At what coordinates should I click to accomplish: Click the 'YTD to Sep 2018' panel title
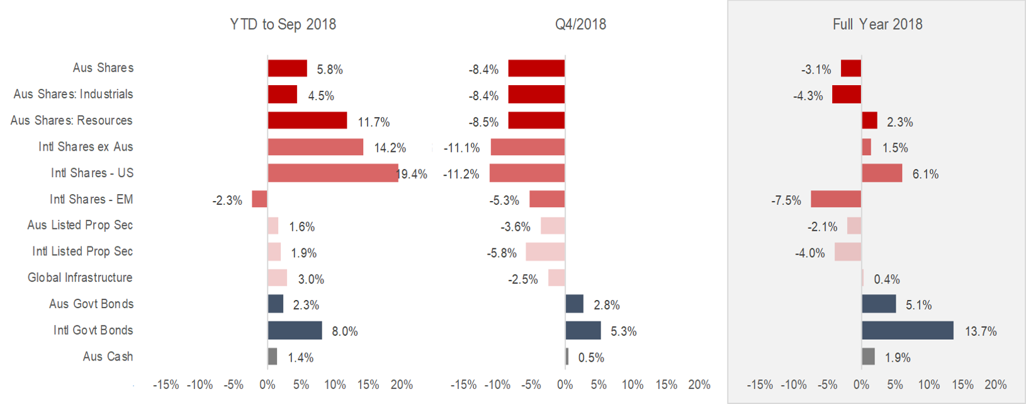[x=283, y=25]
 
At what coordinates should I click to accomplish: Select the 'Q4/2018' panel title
[x=580, y=25]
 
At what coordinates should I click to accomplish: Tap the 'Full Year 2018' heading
[x=877, y=25]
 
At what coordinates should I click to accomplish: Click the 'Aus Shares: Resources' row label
[x=71, y=120]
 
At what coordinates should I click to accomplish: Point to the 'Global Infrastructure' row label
[x=80, y=277]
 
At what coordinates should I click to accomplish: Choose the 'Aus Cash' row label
[x=108, y=357]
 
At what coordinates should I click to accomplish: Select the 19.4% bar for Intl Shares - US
[x=332, y=173]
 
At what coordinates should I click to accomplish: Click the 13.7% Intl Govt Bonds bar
[x=907, y=330]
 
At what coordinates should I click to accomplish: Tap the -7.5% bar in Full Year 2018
[x=836, y=199]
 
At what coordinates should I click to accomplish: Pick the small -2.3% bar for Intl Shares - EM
[x=259, y=199]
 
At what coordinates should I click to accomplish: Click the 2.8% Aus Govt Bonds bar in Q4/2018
[x=575, y=304]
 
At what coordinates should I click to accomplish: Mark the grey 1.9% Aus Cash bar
[x=868, y=357]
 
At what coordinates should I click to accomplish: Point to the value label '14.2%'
[x=390, y=148]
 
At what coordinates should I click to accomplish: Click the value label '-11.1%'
[x=461, y=148]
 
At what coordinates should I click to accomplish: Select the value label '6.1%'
[x=925, y=174]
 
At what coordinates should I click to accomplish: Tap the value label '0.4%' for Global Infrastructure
[x=886, y=279]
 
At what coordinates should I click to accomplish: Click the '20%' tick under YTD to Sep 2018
[x=402, y=384]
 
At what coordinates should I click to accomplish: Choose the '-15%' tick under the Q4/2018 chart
[x=463, y=384]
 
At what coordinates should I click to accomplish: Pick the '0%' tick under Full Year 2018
[x=861, y=384]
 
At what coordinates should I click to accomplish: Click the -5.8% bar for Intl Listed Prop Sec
[x=545, y=252]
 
